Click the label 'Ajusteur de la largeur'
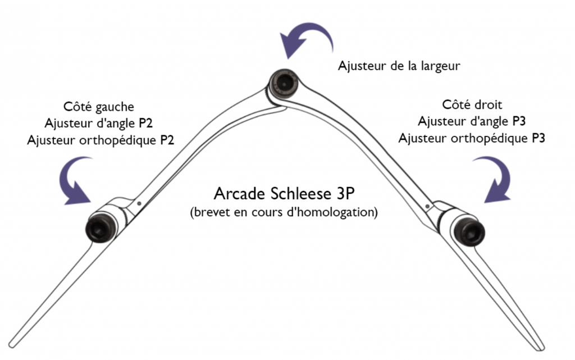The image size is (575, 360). pyautogui.click(x=399, y=66)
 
